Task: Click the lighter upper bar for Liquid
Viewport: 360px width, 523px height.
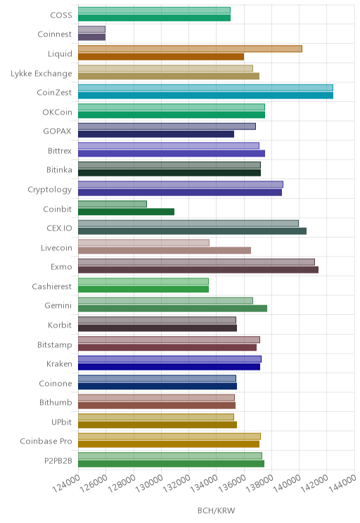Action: [190, 49]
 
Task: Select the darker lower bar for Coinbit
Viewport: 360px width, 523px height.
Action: [126, 212]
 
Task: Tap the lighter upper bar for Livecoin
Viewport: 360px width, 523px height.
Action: [144, 243]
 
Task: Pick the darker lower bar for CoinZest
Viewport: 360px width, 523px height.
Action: [205, 96]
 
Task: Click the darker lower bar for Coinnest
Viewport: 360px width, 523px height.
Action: [91, 37]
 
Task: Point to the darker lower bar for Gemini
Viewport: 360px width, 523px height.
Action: [172, 308]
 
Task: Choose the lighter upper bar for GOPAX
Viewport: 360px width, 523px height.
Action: [167, 127]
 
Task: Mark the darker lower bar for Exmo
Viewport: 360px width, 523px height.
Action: [198, 269]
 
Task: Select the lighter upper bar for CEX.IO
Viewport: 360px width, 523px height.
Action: [188, 223]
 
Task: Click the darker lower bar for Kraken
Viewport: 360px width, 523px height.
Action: [169, 366]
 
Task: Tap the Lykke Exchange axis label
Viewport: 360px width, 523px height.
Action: [41, 73]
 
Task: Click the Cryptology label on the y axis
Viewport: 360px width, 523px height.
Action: [50, 190]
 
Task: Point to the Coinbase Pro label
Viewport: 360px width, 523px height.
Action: [46, 441]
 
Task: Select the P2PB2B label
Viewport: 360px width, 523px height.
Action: [58, 460]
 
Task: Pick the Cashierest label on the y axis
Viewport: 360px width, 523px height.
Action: [52, 286]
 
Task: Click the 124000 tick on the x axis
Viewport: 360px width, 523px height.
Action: [66, 484]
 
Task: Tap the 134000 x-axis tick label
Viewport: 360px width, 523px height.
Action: [204, 484]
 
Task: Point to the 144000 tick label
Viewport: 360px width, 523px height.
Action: [342, 484]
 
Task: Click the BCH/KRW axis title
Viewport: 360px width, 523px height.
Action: [216, 510]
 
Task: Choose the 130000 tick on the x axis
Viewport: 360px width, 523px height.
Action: [149, 484]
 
